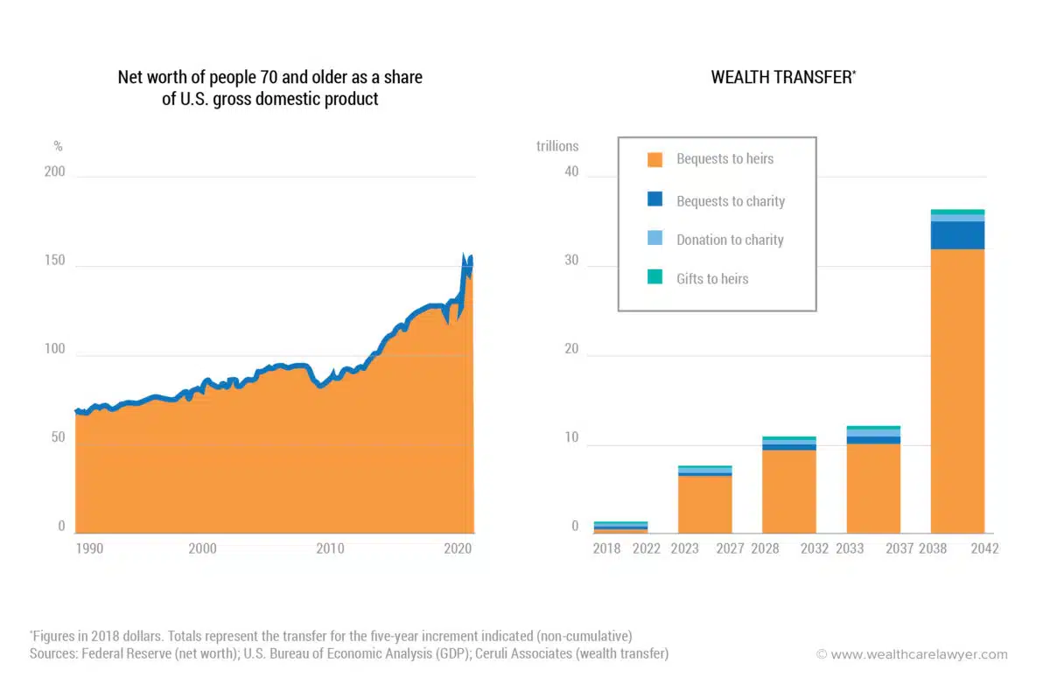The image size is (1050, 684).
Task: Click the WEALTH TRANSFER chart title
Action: tap(783, 77)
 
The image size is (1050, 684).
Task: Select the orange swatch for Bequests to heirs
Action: tap(654, 159)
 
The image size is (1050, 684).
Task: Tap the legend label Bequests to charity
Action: tap(731, 201)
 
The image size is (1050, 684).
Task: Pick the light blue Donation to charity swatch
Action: tap(654, 240)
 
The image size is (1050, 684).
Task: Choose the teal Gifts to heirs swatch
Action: tap(654, 278)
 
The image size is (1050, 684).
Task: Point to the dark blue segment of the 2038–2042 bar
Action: tap(957, 235)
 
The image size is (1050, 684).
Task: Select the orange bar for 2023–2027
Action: tap(704, 505)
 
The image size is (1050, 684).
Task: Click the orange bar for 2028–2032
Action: tap(788, 492)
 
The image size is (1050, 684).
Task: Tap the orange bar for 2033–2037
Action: tap(873, 489)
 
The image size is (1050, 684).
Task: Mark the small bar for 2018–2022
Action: tap(620, 527)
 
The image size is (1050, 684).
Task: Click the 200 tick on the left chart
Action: tap(54, 172)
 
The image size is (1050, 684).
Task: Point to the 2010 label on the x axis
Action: tap(330, 549)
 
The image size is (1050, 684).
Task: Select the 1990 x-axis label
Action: tap(89, 549)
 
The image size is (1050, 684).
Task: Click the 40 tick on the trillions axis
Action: tap(571, 172)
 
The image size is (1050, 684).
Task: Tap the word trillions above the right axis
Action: tap(557, 146)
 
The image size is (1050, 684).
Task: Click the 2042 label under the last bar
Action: tap(984, 549)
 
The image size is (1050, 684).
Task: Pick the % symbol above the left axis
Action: tap(59, 146)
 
